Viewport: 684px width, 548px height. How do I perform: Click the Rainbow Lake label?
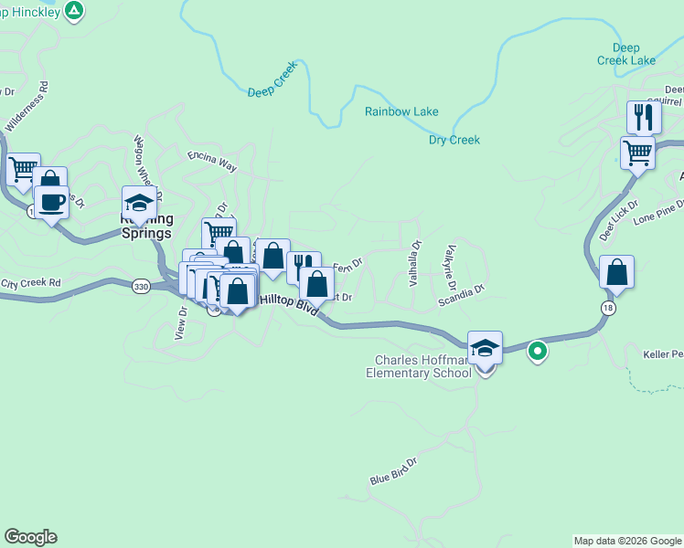click(401, 111)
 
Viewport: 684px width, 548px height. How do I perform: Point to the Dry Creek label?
click(454, 140)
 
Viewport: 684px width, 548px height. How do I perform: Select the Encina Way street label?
click(212, 162)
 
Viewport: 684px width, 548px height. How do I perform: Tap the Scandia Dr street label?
click(460, 293)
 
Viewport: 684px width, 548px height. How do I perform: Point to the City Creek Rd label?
click(32, 283)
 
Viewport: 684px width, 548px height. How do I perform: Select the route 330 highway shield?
click(140, 287)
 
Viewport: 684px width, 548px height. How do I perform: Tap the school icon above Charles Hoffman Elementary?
click(486, 348)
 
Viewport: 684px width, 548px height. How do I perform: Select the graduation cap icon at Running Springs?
click(139, 203)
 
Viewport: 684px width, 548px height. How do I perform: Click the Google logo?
click(30, 537)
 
